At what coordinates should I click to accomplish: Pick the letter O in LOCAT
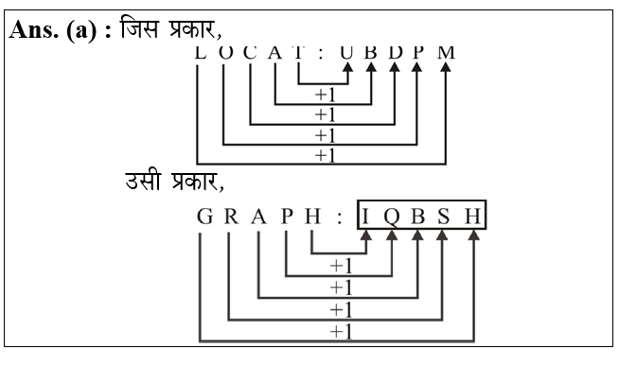223,51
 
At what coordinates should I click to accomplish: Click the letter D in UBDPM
395,51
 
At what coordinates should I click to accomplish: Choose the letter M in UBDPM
446,51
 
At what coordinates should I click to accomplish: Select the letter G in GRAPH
203,218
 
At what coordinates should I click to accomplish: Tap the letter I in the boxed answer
366,218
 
